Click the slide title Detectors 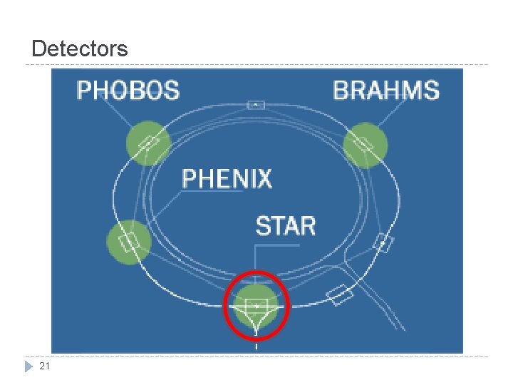[x=80, y=48]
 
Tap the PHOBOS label [x=128, y=90]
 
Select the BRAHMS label [x=386, y=90]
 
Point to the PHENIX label [x=227, y=178]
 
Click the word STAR [x=286, y=225]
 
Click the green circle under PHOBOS [x=149, y=143]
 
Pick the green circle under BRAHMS [x=366, y=145]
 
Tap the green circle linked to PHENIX [x=129, y=242]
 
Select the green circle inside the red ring [x=256, y=306]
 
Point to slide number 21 [x=44, y=366]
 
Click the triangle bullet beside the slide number [x=28, y=366]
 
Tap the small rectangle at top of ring [x=256, y=105]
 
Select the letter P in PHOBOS [x=83, y=90]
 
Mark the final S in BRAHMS [x=431, y=90]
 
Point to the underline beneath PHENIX [x=212, y=191]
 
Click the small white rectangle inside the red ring [x=256, y=307]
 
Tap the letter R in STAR [x=308, y=225]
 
